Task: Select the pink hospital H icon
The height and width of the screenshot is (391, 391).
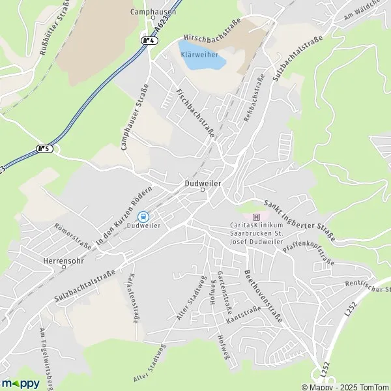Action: (256, 217)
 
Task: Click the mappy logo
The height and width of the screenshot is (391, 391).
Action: (20, 383)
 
